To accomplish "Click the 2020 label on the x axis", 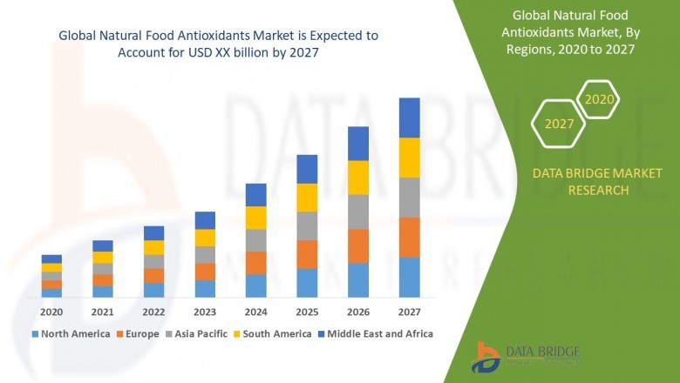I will pyautogui.click(x=51, y=312).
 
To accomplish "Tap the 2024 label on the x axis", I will pyautogui.click(x=255, y=312).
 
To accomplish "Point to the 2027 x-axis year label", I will pyautogui.click(x=409, y=312).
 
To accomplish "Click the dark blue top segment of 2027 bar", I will pyautogui.click(x=409, y=118).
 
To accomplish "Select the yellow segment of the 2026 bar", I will pyautogui.click(x=357, y=178).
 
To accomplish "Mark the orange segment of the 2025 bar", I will pyautogui.click(x=307, y=254).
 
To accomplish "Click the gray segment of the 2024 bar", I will pyautogui.click(x=255, y=240).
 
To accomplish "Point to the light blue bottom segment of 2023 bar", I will pyautogui.click(x=205, y=289).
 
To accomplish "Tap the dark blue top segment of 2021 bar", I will pyautogui.click(x=103, y=245).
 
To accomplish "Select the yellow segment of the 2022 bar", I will pyautogui.click(x=153, y=247).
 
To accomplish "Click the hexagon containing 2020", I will pyautogui.click(x=599, y=100).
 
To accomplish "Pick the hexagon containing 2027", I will pyautogui.click(x=559, y=124).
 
